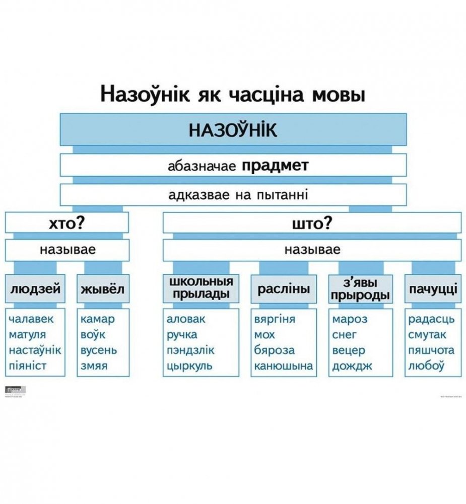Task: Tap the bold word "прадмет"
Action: (x=275, y=166)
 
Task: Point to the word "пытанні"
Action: (x=282, y=195)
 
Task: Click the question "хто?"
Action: (x=66, y=223)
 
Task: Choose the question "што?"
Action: (x=312, y=223)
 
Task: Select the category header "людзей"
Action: (x=36, y=289)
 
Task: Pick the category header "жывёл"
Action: (x=102, y=289)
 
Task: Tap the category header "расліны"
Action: (x=284, y=289)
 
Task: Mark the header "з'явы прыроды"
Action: (x=360, y=289)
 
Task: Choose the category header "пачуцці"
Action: (x=433, y=289)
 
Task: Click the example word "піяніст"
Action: (x=28, y=366)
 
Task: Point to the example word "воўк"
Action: (x=92, y=335)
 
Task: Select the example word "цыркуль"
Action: (x=189, y=366)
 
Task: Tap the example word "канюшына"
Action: (x=283, y=366)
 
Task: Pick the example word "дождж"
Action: (x=352, y=366)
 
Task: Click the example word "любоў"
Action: (x=426, y=366)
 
